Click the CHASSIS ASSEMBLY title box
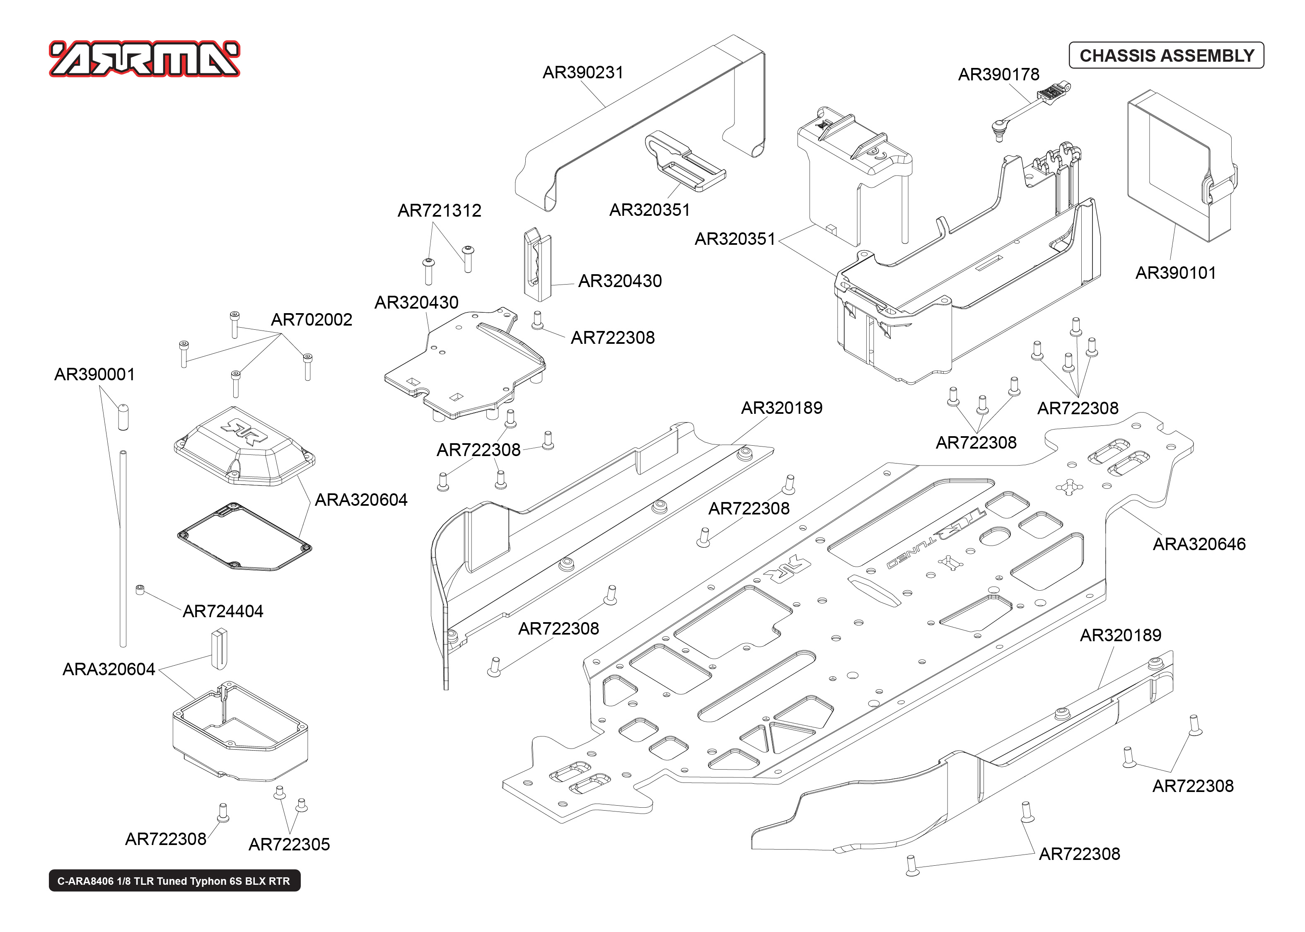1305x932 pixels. pyautogui.click(x=1166, y=56)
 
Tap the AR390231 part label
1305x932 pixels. pyautogui.click(x=582, y=73)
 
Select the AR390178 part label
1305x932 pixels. pyautogui.click(x=998, y=75)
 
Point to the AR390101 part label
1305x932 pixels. pyautogui.click(x=1175, y=273)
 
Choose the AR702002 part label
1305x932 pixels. pyautogui.click(x=311, y=320)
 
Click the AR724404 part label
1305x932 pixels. pyautogui.click(x=222, y=612)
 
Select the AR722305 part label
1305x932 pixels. pyautogui.click(x=289, y=845)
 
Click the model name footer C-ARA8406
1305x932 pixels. pyautogui.click(x=174, y=881)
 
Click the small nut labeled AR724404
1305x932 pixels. pyautogui.click(x=140, y=590)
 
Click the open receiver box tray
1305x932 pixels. pyautogui.click(x=240, y=732)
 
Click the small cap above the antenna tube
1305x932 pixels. pyautogui.click(x=123, y=417)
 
